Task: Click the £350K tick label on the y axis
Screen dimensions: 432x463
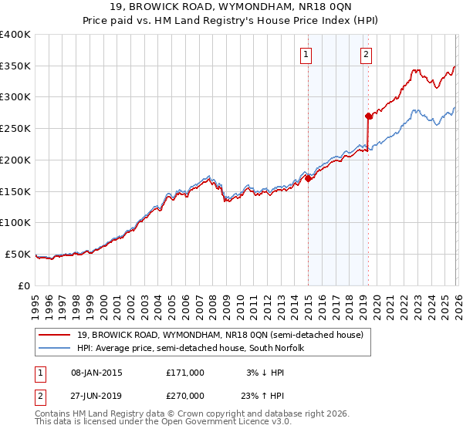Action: (15, 66)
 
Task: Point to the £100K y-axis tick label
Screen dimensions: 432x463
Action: (15, 223)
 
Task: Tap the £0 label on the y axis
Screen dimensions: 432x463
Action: (24, 285)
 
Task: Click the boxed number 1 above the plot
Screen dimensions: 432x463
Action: (306, 54)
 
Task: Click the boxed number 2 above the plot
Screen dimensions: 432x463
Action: (365, 54)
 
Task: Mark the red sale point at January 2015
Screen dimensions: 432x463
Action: (309, 178)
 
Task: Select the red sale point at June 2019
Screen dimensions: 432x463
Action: (368, 116)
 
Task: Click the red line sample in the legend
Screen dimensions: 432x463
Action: (56, 335)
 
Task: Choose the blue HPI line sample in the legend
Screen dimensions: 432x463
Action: (56, 349)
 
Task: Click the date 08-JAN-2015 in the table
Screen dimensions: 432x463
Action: (92, 373)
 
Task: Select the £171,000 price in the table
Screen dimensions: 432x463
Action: (185, 373)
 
